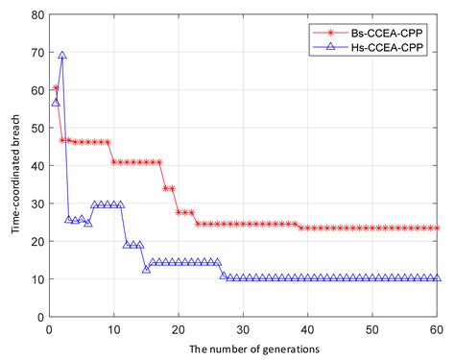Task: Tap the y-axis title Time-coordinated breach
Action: click(x=12, y=165)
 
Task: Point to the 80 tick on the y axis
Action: click(x=36, y=15)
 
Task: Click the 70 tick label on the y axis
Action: click(x=36, y=53)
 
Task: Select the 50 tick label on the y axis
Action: click(x=36, y=129)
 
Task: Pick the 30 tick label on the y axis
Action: click(x=36, y=204)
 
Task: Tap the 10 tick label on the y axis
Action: click(x=36, y=278)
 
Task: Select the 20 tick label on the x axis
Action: click(x=179, y=328)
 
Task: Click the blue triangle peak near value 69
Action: click(x=62, y=56)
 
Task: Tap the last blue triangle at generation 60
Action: click(x=438, y=277)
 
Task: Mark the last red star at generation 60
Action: click(x=438, y=228)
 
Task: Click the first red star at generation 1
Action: click(x=56, y=88)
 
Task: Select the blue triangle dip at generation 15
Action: click(x=146, y=269)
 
